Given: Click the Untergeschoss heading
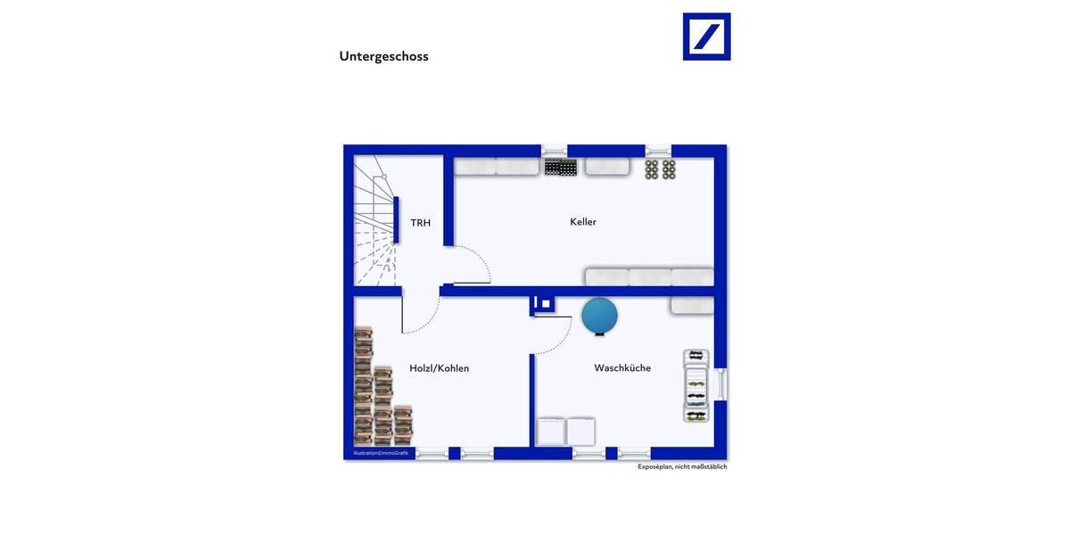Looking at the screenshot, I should click(x=383, y=56).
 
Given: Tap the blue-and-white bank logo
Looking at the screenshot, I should click(x=706, y=37).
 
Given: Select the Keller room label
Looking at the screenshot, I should click(x=583, y=221).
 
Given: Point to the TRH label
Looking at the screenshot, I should click(x=420, y=222).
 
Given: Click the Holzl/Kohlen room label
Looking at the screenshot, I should click(x=439, y=367).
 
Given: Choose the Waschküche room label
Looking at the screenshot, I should click(x=622, y=367).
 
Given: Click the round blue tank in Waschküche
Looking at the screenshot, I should click(x=600, y=315).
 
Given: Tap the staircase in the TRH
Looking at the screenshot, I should click(x=374, y=223).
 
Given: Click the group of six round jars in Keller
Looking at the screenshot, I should click(x=661, y=169).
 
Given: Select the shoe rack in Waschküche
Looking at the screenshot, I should click(x=696, y=386).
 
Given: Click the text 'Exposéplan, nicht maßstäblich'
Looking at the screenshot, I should click(x=682, y=466).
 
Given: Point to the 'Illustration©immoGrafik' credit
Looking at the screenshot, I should click(x=381, y=454).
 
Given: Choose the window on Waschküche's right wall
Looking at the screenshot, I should click(x=722, y=384).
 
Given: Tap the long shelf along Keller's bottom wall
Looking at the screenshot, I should click(x=649, y=276).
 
